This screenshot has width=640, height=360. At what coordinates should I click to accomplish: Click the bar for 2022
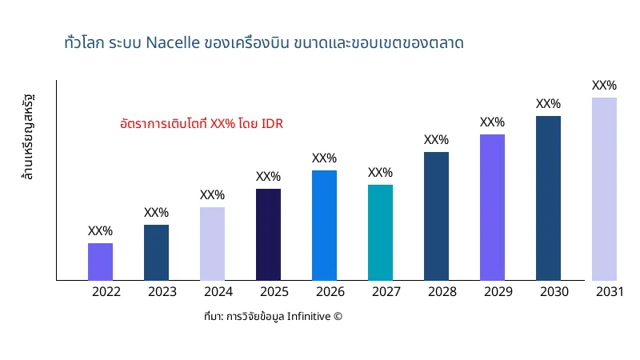pyautogui.click(x=100, y=262)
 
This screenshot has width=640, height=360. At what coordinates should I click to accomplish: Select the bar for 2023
pyautogui.click(x=156, y=252)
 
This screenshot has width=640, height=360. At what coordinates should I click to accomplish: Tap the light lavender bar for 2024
pyautogui.click(x=212, y=243)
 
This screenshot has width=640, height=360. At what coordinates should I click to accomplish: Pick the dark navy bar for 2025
pyautogui.click(x=268, y=234)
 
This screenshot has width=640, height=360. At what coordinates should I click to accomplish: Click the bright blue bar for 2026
pyautogui.click(x=324, y=225)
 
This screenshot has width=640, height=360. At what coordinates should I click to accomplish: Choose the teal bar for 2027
pyautogui.click(x=380, y=232)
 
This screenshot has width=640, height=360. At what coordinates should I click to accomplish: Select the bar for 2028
pyautogui.click(x=436, y=216)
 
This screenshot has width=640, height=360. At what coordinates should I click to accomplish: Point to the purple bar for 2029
pyautogui.click(x=492, y=207)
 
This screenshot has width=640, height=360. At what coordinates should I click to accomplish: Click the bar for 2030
pyautogui.click(x=548, y=198)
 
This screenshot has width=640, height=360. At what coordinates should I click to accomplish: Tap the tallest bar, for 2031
pyautogui.click(x=604, y=189)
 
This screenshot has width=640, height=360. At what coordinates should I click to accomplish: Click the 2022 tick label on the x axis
pyautogui.click(x=106, y=292)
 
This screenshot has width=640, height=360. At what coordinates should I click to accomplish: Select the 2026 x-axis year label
pyautogui.click(x=330, y=292)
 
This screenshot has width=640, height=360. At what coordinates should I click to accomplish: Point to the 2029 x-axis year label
pyautogui.click(x=498, y=292)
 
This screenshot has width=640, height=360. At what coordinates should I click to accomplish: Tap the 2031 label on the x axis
pyautogui.click(x=610, y=292)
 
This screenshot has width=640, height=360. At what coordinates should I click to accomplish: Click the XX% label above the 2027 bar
pyautogui.click(x=380, y=173)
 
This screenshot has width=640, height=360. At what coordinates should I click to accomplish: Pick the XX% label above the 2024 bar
pyautogui.click(x=212, y=195)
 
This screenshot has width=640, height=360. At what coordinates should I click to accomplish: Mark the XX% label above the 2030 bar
pyautogui.click(x=548, y=104)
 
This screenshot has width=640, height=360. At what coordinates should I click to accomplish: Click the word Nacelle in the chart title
pyautogui.click(x=173, y=42)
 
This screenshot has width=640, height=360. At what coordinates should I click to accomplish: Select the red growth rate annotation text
pyautogui.click(x=201, y=124)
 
